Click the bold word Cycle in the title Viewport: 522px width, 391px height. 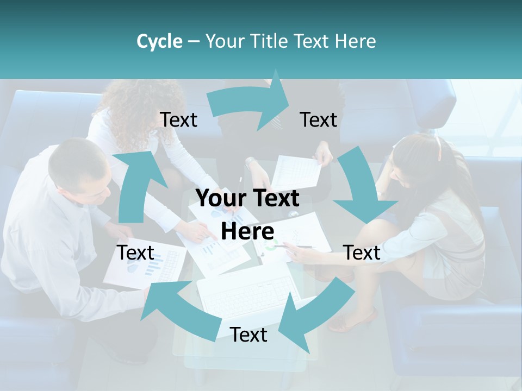click(159, 41)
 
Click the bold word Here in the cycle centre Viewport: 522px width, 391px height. click(247, 231)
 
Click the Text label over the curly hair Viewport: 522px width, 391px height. click(178, 120)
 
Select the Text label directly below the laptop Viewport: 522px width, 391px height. click(248, 335)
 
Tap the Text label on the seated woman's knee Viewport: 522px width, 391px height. click(362, 253)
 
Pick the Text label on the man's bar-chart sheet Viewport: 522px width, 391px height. click(135, 253)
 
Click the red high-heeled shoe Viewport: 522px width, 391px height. click(353, 320)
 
